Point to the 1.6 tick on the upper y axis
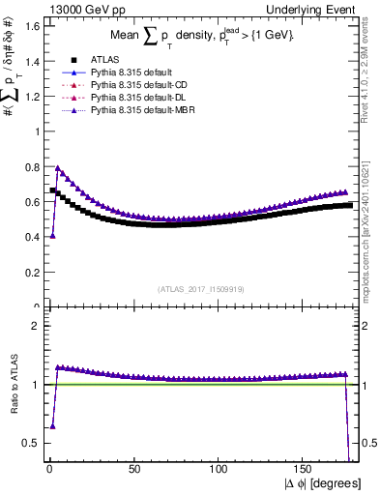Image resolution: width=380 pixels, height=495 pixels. (x=31, y=26)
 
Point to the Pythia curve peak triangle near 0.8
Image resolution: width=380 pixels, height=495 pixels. (x=57, y=168)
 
